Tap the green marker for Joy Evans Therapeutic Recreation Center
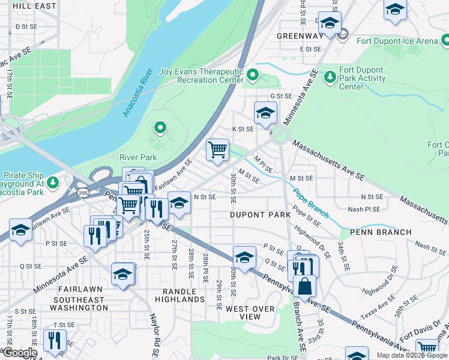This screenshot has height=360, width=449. (x=253, y=76)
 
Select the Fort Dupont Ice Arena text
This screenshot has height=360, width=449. (x=397, y=41)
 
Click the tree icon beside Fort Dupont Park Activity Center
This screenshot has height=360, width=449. (x=329, y=76)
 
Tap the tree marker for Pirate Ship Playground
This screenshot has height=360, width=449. (x=53, y=181)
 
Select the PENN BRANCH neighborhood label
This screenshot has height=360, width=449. (x=381, y=232)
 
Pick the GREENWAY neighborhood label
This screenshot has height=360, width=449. (x=300, y=36)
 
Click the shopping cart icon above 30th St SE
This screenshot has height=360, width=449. (x=217, y=149)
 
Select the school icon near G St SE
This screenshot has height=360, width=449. (x=265, y=112)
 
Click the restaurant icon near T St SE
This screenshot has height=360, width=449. (x=55, y=340)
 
